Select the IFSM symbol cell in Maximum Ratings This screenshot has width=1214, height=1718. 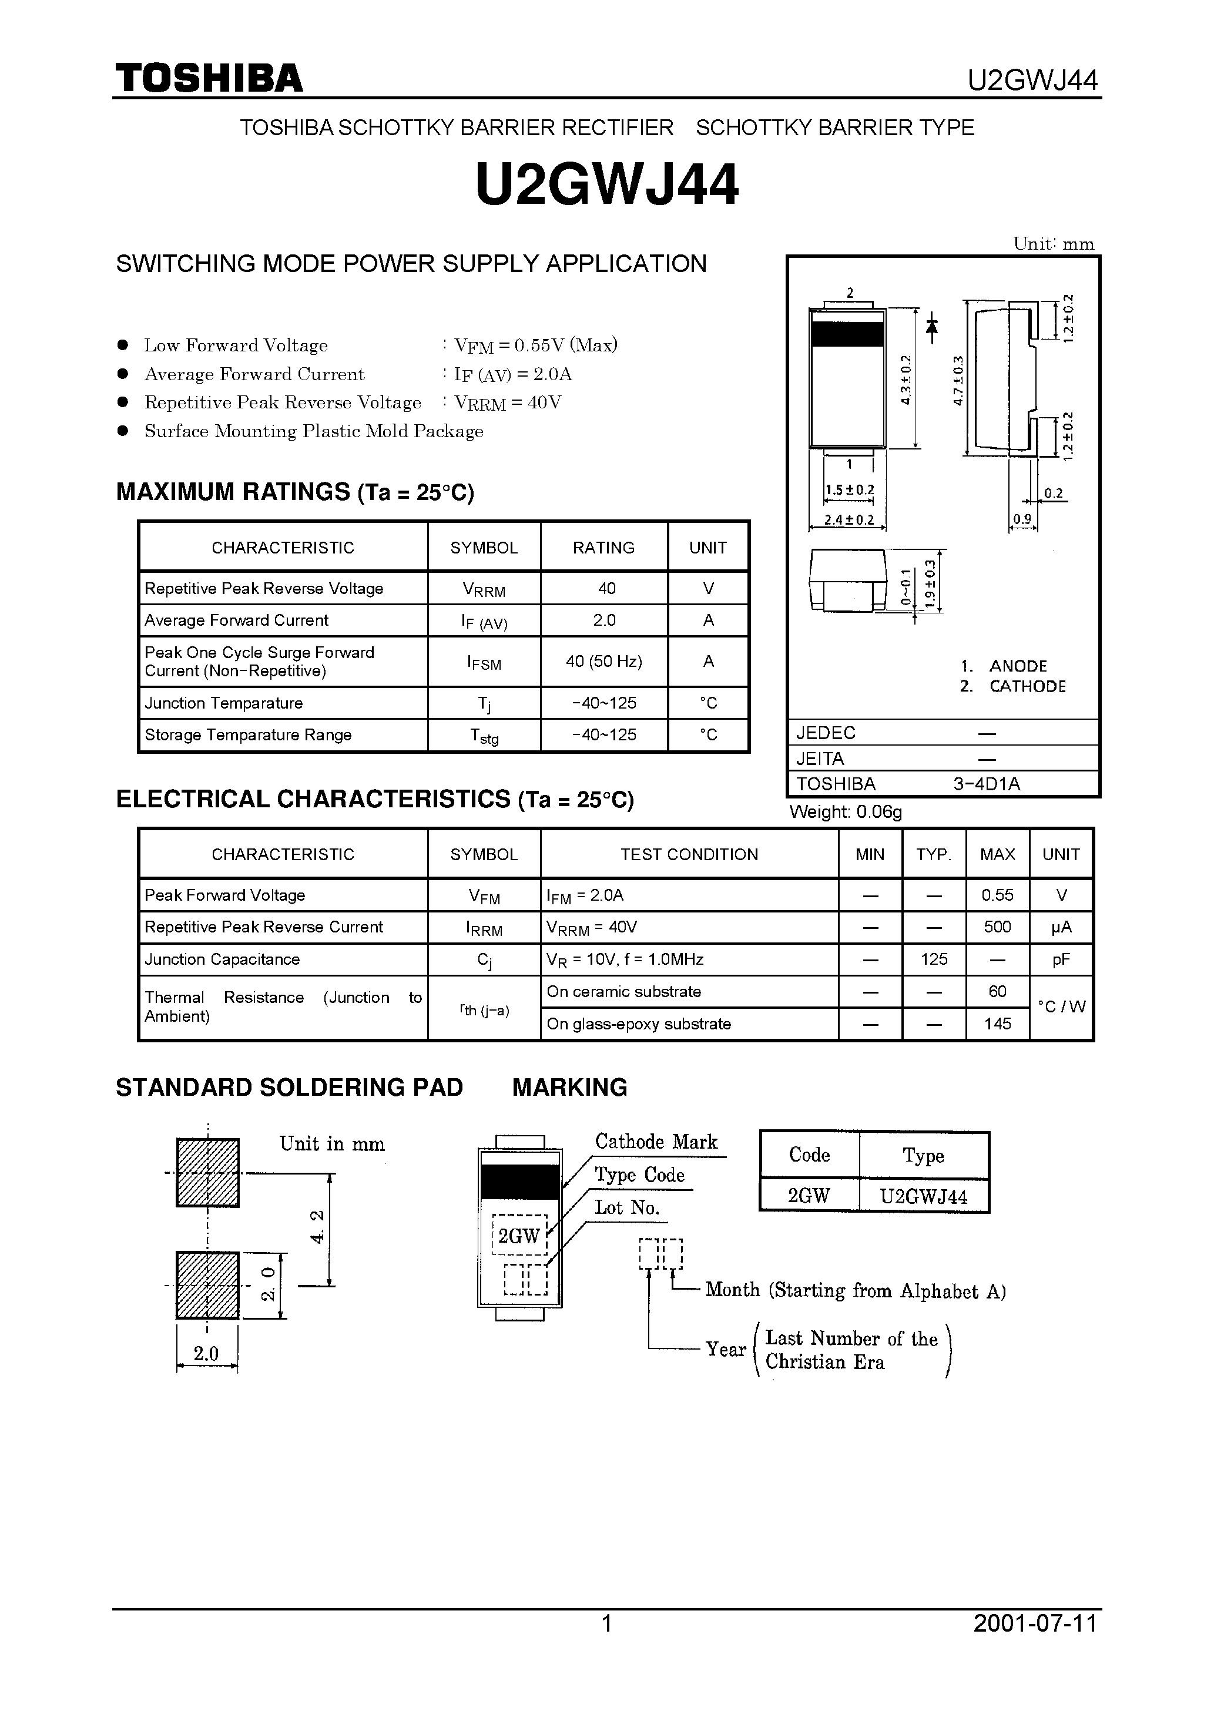tap(484, 662)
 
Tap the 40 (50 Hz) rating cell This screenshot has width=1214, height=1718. tap(603, 662)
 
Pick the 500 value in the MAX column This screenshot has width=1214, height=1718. tap(997, 927)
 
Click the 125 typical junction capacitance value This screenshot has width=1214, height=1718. tap(933, 959)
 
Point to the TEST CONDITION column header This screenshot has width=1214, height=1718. tap(689, 854)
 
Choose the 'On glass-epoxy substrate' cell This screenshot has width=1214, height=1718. tap(638, 1024)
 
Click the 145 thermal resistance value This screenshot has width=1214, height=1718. tap(997, 1024)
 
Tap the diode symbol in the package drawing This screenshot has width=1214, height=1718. tap(932, 327)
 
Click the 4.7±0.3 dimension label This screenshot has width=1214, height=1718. tap(958, 380)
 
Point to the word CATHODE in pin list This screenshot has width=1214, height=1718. tap(1027, 686)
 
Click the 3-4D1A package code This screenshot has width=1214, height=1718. tap(987, 784)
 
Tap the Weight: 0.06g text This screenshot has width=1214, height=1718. tap(846, 812)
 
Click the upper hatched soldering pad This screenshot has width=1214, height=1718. tap(207, 1173)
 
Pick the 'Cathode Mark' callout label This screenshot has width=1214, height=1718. tap(656, 1142)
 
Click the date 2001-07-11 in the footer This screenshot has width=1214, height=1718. tap(1034, 1645)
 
